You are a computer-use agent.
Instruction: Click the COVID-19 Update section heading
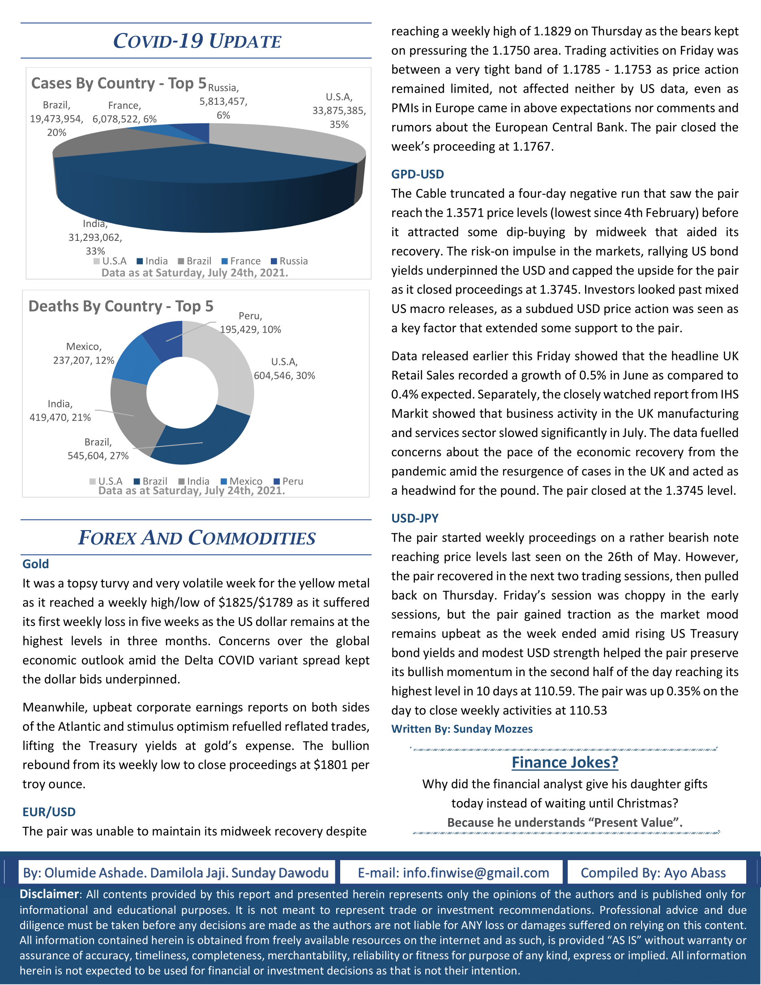tap(197, 41)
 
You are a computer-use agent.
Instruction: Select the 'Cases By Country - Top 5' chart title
tap(119, 83)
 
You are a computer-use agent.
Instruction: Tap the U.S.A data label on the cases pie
tap(339, 111)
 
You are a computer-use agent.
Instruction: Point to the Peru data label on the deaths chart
tap(250, 323)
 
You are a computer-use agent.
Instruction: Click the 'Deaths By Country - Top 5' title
tap(121, 306)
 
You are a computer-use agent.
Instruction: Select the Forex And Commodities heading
tap(197, 538)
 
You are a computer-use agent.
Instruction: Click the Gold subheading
tap(36, 564)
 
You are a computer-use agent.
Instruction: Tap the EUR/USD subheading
tap(49, 812)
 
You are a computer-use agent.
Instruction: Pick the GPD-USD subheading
tap(418, 174)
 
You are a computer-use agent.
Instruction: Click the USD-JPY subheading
tap(415, 518)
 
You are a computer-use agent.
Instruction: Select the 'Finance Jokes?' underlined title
tap(565, 762)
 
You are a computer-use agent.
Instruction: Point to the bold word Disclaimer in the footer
tap(49, 894)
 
